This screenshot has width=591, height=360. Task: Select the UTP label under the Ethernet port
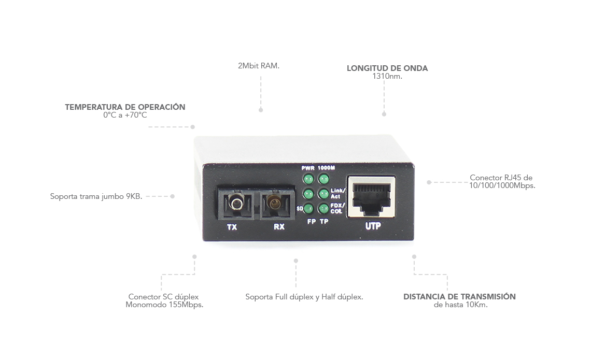point(373,226)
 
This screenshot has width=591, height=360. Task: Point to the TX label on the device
point(232,227)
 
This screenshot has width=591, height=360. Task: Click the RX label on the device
point(279,227)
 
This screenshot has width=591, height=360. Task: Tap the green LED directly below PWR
point(308,179)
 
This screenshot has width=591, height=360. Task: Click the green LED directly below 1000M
point(324,179)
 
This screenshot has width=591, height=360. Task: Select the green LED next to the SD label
point(308,209)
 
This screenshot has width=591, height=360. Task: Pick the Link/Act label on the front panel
point(337,194)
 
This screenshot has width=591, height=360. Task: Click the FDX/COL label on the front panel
point(337,208)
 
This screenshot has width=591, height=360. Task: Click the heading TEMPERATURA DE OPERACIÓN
point(125,107)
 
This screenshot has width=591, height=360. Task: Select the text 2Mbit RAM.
point(259,66)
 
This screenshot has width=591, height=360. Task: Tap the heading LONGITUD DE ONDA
point(387,68)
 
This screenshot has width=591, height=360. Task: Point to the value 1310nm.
point(387,76)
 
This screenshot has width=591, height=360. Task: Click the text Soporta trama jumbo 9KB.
point(96,197)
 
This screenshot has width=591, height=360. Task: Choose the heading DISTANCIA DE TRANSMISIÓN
point(459,297)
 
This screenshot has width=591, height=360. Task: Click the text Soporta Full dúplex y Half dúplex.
point(304,297)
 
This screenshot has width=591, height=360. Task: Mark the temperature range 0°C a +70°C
point(125,115)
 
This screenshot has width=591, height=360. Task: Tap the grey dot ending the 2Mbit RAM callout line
point(261,110)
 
